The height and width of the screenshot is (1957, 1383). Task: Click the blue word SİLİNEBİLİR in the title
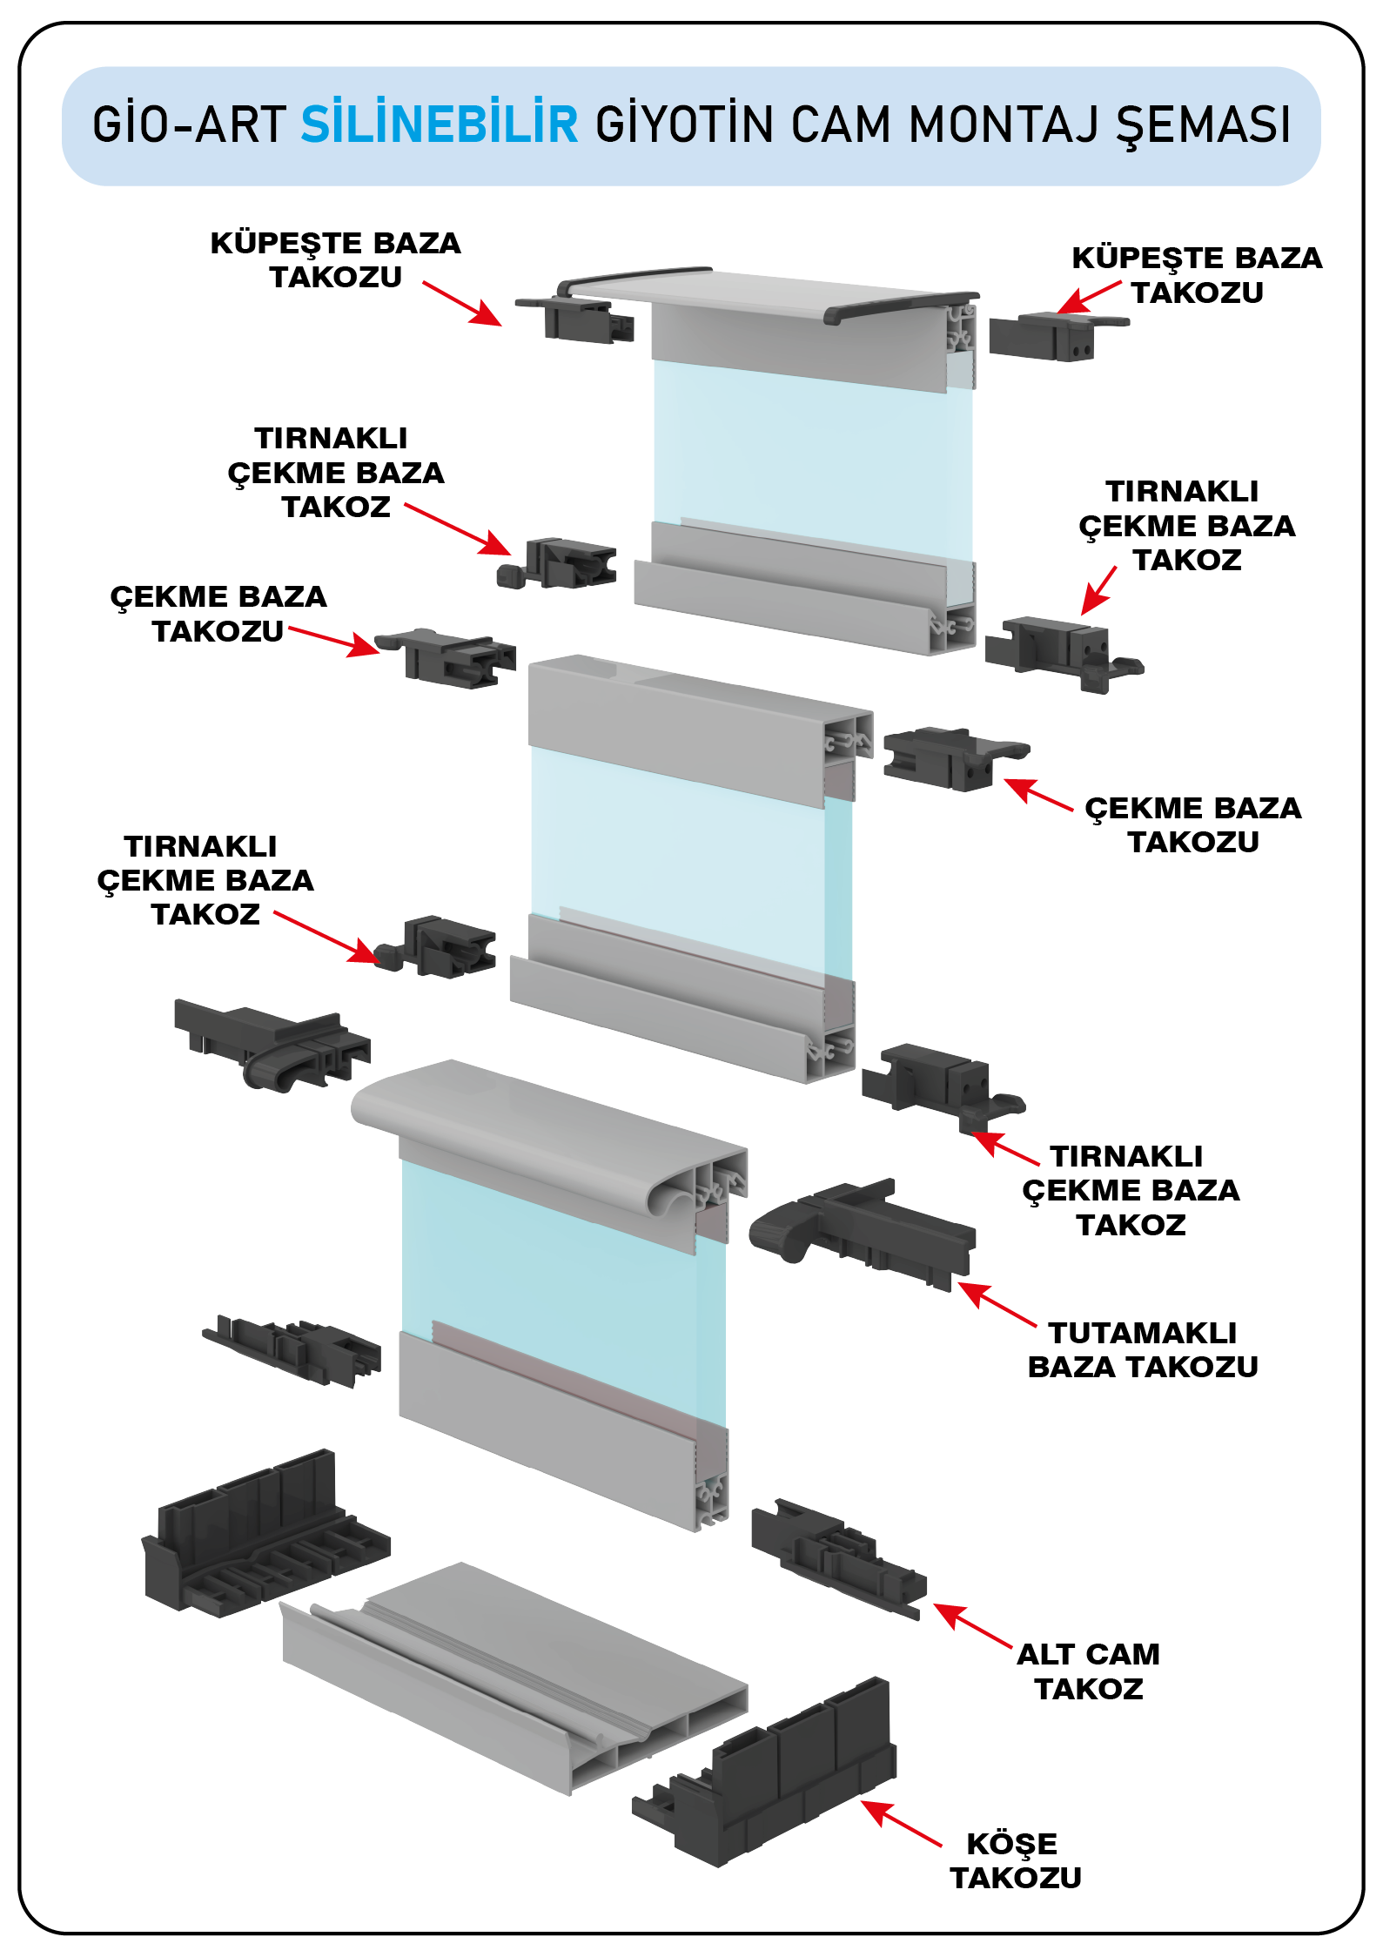pos(440,124)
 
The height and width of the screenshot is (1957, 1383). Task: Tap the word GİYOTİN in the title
pos(684,124)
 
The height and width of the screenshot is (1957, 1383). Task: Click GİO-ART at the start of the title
pos(189,124)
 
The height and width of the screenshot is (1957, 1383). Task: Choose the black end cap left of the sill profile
pos(261,1532)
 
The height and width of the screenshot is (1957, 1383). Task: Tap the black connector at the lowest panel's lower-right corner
pos(836,1558)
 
